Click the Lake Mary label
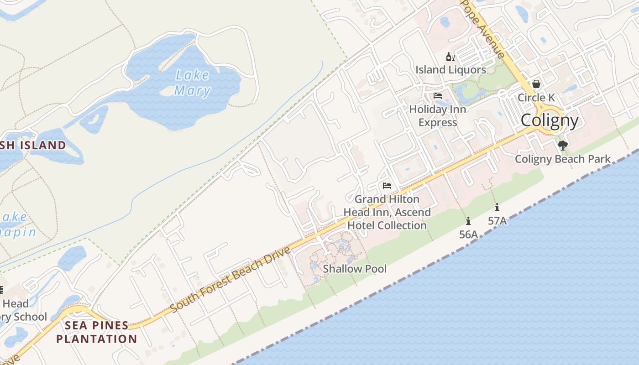tap(192, 83)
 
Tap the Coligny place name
tap(550, 120)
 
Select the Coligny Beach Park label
tap(562, 159)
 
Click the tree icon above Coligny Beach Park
tap(563, 146)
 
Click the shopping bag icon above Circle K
tap(536, 84)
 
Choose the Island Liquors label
tap(450, 70)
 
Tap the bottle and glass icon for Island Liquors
tap(450, 57)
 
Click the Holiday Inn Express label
tap(438, 116)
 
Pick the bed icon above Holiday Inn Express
tap(438, 96)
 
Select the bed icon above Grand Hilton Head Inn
tap(387, 186)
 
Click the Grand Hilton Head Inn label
tap(387, 212)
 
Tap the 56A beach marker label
tap(468, 235)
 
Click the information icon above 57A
tap(497, 207)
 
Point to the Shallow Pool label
tap(355, 269)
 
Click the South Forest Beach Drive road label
tap(230, 280)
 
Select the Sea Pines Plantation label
tap(96, 332)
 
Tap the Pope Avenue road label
tap(485, 30)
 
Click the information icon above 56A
tap(468, 221)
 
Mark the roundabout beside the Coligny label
tap(550, 120)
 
